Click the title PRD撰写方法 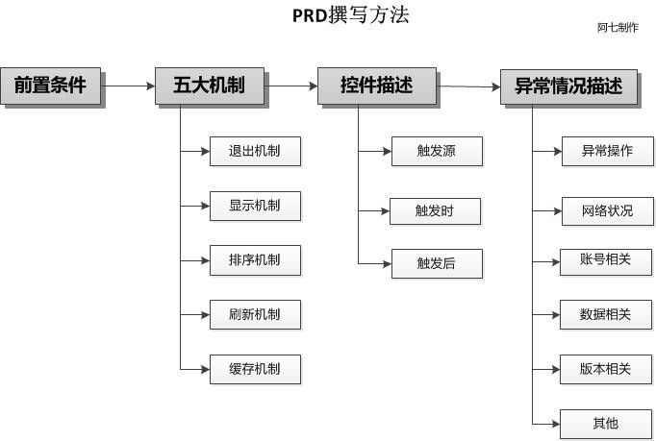[350, 15]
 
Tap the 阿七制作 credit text [618, 28]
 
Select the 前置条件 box [51, 86]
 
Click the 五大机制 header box [210, 86]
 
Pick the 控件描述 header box [377, 86]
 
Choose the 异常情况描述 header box [569, 86]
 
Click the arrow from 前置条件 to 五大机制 [128, 86]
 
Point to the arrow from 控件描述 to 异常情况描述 [468, 86]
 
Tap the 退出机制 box [255, 151]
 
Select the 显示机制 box [255, 206]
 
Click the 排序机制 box [255, 260]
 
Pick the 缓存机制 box [255, 370]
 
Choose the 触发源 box [437, 151]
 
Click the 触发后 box [437, 264]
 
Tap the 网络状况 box [608, 211]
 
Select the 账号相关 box [606, 262]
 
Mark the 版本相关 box [606, 370]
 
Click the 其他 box [606, 425]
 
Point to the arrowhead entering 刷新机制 [206, 315]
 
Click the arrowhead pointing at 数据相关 [556, 315]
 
